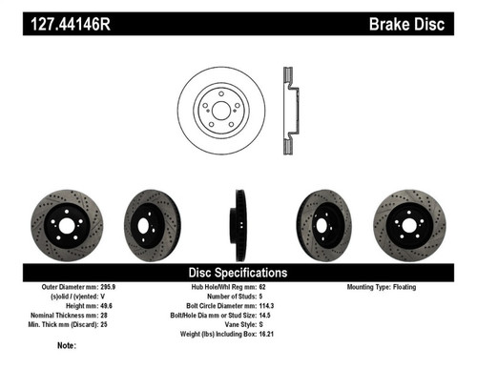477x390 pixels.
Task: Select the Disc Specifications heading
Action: pos(238,272)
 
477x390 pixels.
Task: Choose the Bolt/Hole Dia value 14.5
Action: pos(271,315)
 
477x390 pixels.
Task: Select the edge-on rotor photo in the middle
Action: pos(238,224)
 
